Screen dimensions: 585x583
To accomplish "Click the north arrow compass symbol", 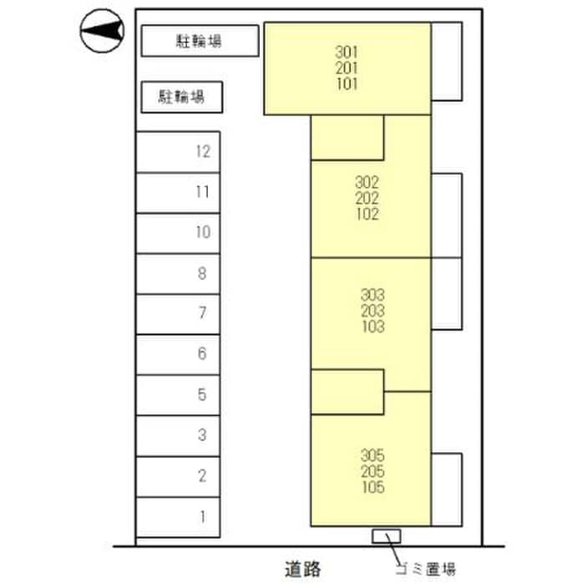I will tap(102, 32).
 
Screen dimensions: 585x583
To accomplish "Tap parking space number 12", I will tap(178, 152).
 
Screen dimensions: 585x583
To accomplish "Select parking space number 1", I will tap(178, 516).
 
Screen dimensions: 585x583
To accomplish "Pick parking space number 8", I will tap(178, 273).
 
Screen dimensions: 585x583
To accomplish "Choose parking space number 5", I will tap(178, 394).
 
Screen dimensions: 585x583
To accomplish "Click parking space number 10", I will tap(178, 232).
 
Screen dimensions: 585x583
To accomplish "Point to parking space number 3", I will tap(178, 435).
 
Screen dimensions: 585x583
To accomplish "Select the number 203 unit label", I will tap(373, 311).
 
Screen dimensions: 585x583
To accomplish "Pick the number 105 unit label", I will tap(373, 488).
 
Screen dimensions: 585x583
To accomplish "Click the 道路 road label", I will tap(301, 569).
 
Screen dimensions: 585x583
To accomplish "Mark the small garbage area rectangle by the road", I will tap(386, 535).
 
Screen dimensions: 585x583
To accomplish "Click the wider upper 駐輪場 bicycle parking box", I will tap(199, 40).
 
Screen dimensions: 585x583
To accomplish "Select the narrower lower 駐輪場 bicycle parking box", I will tap(181, 97).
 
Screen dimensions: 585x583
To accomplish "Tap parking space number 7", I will tap(178, 313).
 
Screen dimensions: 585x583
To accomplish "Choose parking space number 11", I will tap(178, 192).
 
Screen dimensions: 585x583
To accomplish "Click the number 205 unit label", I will tap(373, 472).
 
